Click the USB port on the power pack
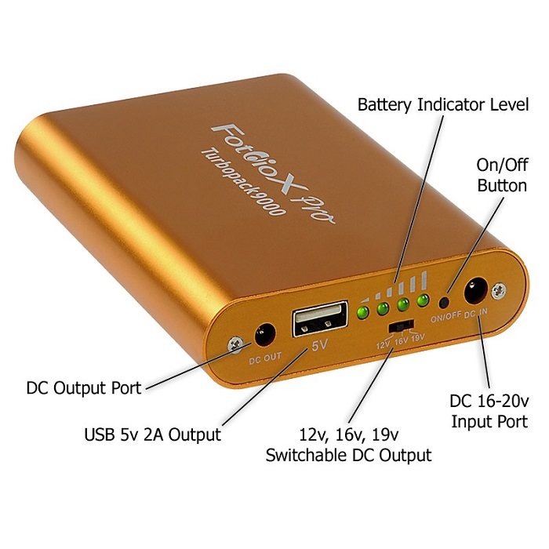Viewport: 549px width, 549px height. pyautogui.click(x=320, y=318)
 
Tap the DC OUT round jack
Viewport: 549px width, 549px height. pyautogui.click(x=264, y=336)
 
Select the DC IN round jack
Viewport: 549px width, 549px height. pyautogui.click(x=475, y=289)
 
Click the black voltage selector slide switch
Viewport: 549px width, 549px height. pyautogui.click(x=401, y=325)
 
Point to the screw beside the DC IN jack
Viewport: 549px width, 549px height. pyautogui.click(x=499, y=291)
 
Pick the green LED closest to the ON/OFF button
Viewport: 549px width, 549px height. pyautogui.click(x=424, y=300)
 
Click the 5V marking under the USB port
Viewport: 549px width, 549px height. pyautogui.click(x=320, y=345)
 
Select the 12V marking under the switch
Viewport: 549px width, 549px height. pyautogui.click(x=384, y=345)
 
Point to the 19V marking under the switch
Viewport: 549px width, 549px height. pyautogui.click(x=418, y=337)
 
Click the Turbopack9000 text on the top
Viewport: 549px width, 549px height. pyautogui.click(x=242, y=183)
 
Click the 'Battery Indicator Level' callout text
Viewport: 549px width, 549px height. pyautogui.click(x=443, y=104)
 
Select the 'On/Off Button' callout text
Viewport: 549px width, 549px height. pyautogui.click(x=502, y=175)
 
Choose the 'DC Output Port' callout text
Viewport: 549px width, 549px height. pyautogui.click(x=84, y=388)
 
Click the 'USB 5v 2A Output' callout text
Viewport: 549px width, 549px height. pyautogui.click(x=153, y=434)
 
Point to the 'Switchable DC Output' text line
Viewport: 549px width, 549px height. pyautogui.click(x=348, y=455)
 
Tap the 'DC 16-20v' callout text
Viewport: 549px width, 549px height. pyautogui.click(x=489, y=402)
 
